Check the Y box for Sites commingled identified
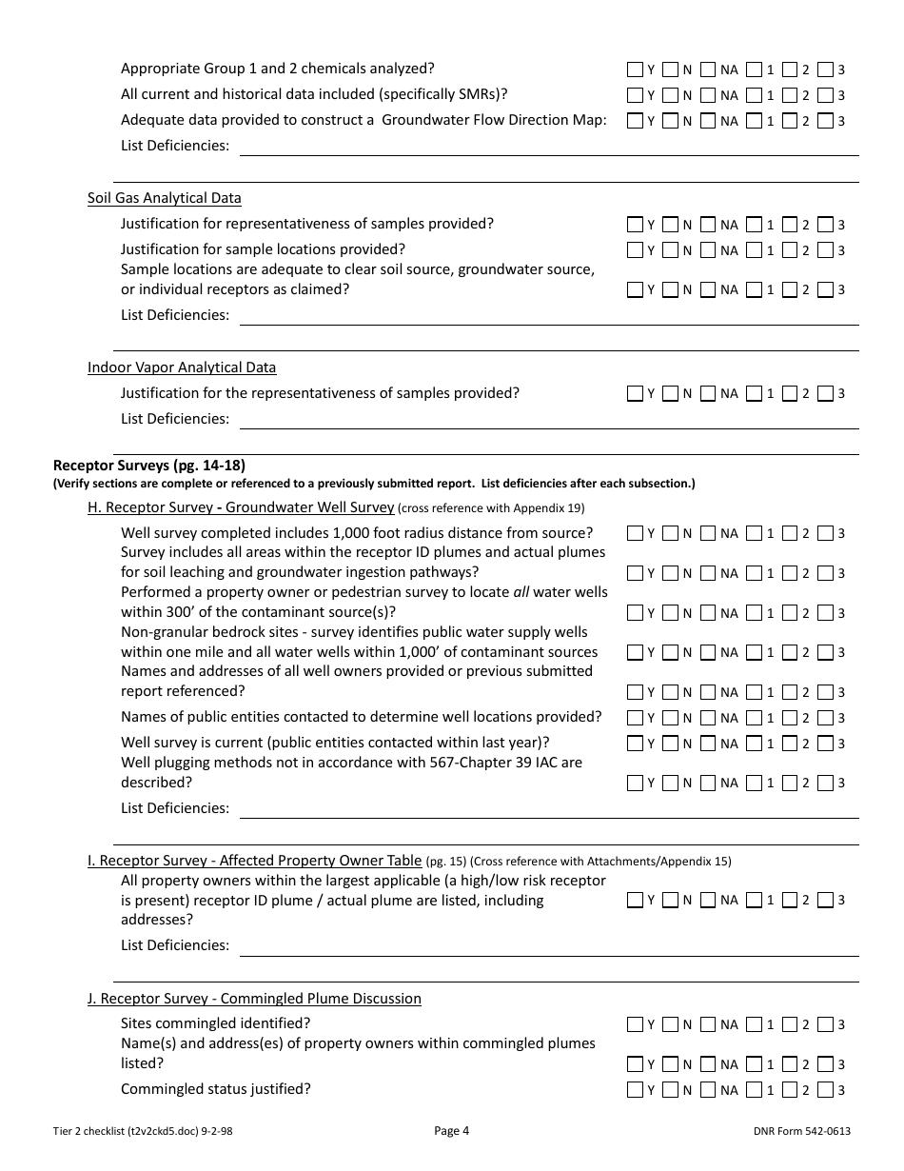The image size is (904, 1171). coord(636,1024)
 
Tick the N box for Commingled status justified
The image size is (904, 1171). coord(671,1089)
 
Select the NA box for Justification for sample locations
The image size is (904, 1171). coord(707,250)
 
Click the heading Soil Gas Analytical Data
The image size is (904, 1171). coord(164,198)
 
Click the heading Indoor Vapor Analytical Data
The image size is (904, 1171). coord(182,367)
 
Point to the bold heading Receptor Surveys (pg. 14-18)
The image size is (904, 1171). coord(149,466)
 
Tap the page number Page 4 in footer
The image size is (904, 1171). coord(452,1131)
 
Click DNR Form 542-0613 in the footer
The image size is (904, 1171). coord(800,1131)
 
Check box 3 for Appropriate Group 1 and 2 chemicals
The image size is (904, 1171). coord(825,69)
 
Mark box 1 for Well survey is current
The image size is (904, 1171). coord(754,743)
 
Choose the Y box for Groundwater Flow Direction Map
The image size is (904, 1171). coord(636,121)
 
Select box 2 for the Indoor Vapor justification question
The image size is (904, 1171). coord(790,393)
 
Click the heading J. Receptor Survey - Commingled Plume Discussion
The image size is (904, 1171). coord(254,999)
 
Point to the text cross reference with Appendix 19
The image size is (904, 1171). coord(493,508)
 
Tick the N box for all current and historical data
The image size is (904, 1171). coord(671,95)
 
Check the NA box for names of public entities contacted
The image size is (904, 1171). coord(707,717)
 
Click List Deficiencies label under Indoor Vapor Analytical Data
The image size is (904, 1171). coord(175,419)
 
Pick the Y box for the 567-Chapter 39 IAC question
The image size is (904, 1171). coord(636,783)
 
